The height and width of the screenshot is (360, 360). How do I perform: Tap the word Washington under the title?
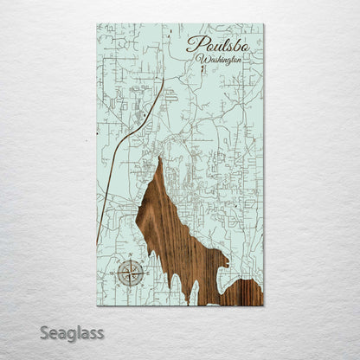tap(219, 61)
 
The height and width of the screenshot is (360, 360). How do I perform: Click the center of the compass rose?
tap(131, 273)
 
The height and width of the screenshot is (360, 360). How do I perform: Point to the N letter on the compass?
tap(131, 259)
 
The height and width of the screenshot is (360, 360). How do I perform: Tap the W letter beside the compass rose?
tap(117, 273)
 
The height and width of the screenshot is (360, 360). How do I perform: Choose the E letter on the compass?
tap(145, 273)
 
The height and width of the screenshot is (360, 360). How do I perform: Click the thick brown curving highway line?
tap(130, 138)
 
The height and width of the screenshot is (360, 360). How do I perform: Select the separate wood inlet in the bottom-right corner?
tap(247, 293)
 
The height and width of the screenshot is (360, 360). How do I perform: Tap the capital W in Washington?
tap(202, 60)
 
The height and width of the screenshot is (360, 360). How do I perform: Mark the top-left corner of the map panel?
tap(97, 24)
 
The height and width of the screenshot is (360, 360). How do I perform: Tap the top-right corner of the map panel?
tap(263, 24)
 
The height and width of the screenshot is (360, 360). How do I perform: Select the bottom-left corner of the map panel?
tap(97, 305)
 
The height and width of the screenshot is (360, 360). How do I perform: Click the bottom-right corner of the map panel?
tap(263, 305)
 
